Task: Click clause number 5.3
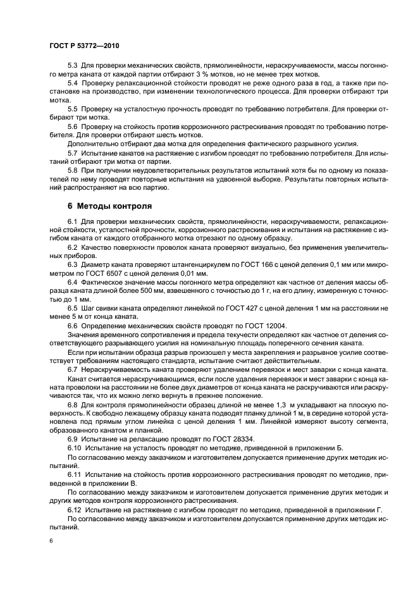point(72,65)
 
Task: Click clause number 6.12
point(74,509)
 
